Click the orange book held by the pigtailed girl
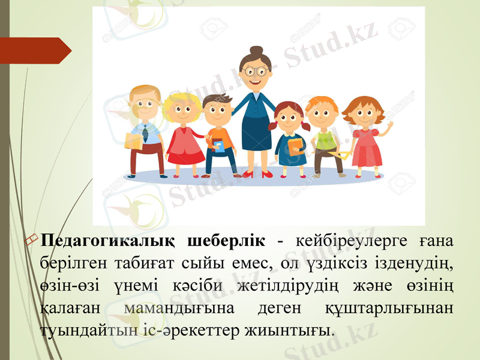(x=295, y=146)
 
